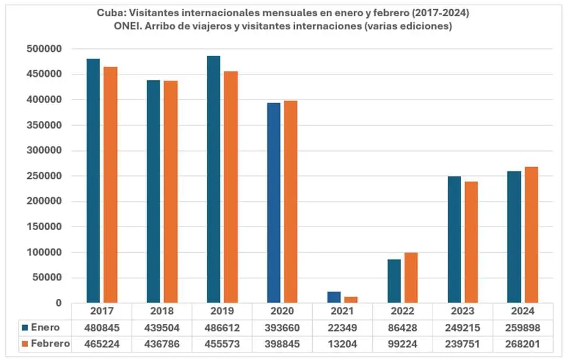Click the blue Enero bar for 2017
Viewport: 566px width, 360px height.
93,181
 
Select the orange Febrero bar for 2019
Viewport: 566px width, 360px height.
231,187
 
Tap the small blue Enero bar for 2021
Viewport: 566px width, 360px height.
334,297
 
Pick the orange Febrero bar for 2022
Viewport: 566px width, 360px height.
411,278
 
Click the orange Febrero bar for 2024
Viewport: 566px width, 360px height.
531,235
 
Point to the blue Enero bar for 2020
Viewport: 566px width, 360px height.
274,203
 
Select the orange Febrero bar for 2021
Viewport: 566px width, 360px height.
351,299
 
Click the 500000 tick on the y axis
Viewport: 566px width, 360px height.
44,48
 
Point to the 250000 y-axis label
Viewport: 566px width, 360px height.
44,176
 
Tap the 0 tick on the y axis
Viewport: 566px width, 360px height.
58,303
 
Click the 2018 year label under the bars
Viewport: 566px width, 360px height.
162,311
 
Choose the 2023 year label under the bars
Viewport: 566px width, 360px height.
463,311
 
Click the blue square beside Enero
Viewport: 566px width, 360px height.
25,327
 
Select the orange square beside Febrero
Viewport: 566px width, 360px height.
25,344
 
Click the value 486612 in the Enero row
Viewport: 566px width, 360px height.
222,328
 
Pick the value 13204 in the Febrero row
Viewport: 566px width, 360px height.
342,344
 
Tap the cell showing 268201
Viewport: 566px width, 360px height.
523,344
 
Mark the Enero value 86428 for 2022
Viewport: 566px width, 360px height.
402,328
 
